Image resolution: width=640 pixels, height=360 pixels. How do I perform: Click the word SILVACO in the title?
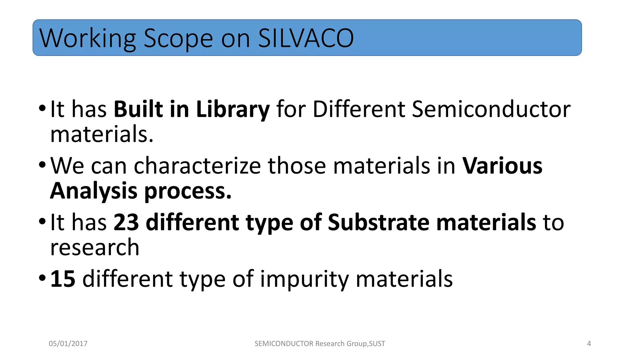(306, 38)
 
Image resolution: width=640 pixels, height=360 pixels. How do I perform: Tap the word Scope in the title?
(178, 39)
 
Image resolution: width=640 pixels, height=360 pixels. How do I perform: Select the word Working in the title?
(87, 39)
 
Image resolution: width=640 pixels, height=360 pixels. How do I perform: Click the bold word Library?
(232, 110)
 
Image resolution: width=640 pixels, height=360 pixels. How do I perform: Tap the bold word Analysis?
(93, 191)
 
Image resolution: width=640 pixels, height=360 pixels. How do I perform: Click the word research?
(95, 247)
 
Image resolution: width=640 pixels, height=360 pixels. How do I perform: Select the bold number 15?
(63, 279)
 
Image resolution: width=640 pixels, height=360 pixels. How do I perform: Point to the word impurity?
(304, 279)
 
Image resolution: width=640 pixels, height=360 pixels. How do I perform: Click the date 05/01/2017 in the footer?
(68, 344)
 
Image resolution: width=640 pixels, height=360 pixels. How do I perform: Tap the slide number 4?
(589, 344)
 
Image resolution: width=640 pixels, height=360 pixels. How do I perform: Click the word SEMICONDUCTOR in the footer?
(284, 344)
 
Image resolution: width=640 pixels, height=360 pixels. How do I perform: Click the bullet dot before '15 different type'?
(42, 277)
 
